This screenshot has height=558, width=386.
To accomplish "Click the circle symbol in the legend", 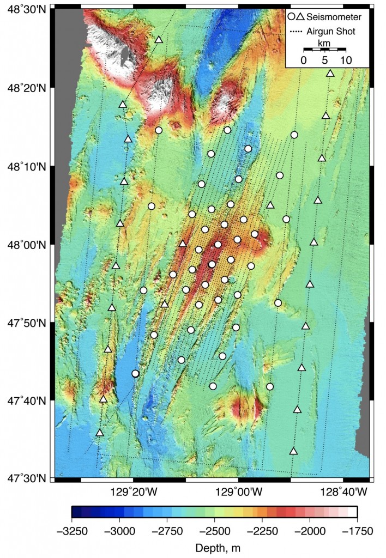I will pos(292,17).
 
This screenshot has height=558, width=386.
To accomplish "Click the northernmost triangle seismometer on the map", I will pos(159,39).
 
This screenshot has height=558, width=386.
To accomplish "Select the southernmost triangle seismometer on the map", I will pos(293,451).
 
